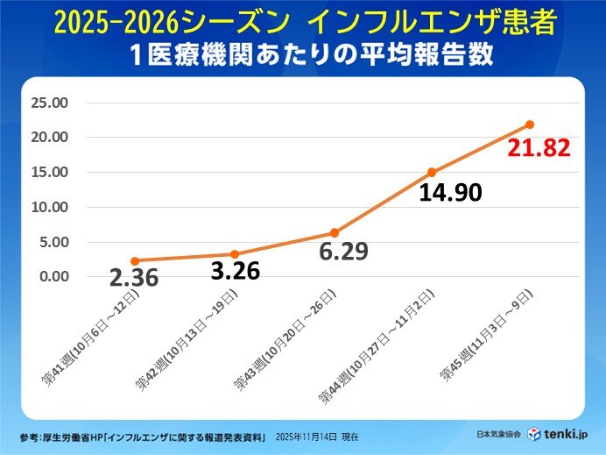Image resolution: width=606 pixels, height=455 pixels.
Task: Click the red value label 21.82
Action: click(539, 147)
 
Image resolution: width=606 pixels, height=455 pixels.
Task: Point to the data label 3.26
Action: click(236, 271)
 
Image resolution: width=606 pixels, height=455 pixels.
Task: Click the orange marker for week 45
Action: click(530, 124)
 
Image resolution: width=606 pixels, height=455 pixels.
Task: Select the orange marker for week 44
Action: click(432, 173)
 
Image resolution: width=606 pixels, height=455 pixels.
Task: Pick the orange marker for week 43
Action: click(334, 233)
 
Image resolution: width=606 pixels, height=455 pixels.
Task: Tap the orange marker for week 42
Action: click(235, 254)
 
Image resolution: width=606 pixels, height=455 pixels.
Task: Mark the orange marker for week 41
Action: click(135, 260)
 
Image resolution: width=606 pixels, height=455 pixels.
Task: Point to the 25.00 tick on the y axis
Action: click(49, 103)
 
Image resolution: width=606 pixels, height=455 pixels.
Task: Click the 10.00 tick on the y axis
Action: click(49, 207)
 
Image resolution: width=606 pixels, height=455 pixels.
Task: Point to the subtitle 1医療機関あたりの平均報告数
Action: click(303, 53)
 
